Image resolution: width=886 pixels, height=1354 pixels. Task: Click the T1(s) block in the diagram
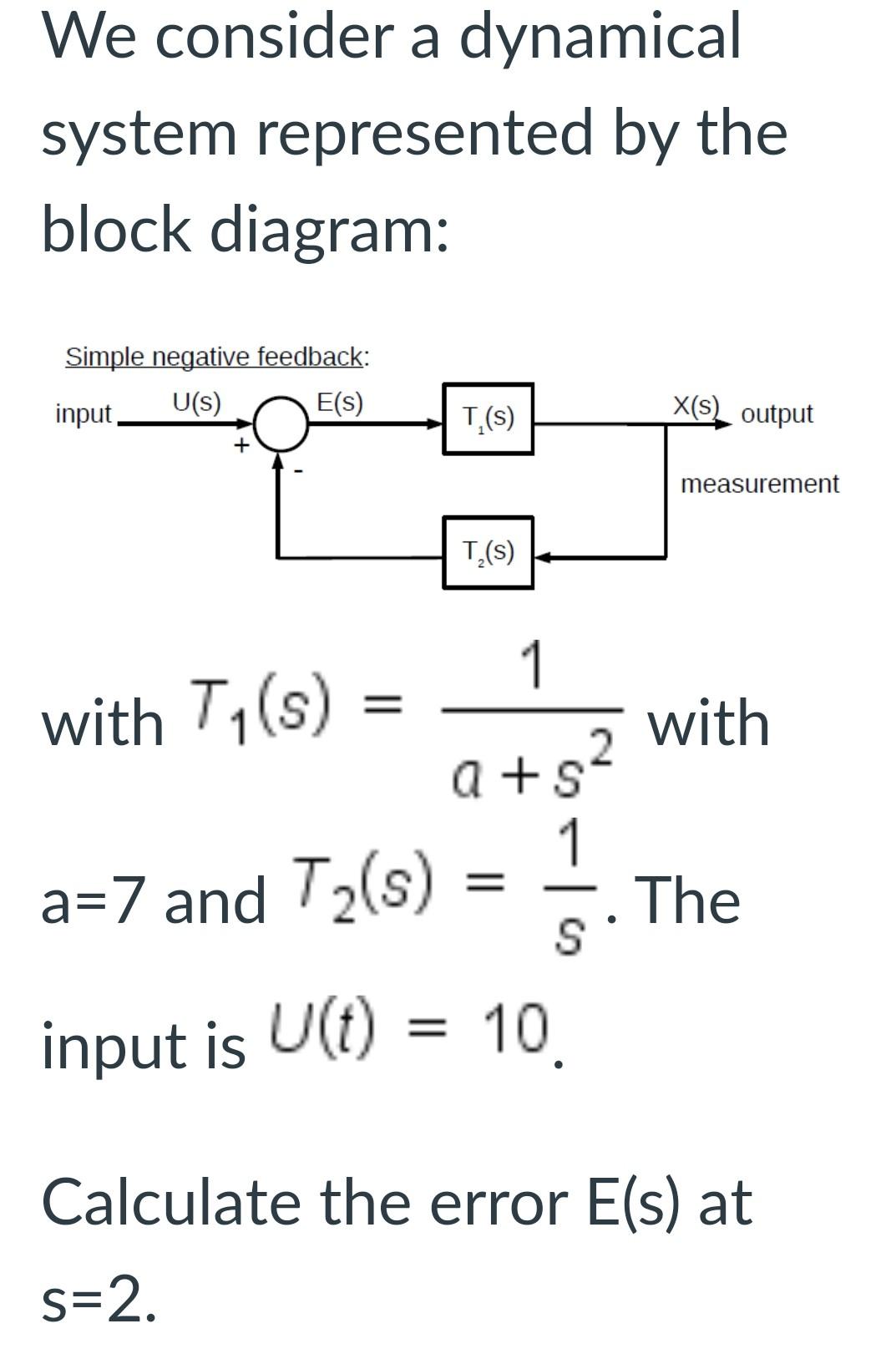click(488, 418)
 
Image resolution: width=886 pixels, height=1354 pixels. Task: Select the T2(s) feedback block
click(488, 552)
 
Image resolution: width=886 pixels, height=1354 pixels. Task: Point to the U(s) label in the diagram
click(196, 403)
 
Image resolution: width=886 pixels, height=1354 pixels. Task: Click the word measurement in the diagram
click(759, 484)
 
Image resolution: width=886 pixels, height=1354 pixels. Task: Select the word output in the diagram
click(777, 414)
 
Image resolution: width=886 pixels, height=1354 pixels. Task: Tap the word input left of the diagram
click(84, 414)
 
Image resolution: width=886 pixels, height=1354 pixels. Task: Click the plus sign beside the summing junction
click(240, 445)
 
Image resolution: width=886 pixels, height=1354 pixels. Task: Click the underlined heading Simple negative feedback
click(216, 357)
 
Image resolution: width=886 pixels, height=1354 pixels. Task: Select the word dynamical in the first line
click(600, 37)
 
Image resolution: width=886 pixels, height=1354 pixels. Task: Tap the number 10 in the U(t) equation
click(517, 1024)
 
